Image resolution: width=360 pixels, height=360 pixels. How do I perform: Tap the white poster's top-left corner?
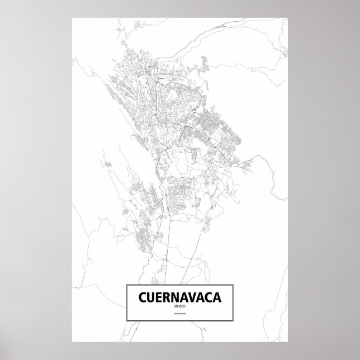(73, 18)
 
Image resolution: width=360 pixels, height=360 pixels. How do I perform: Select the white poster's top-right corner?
(287, 18)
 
